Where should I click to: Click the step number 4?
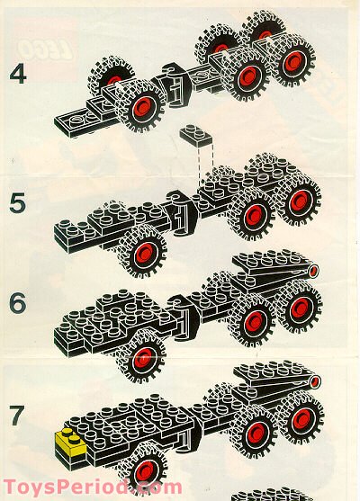click(18, 71)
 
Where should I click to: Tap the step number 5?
click(18, 202)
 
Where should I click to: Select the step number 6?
click(18, 303)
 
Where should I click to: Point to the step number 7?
click(18, 416)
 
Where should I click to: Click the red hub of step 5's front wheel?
click(140, 251)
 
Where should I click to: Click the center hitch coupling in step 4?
click(166, 91)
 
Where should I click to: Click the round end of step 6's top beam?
click(311, 271)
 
